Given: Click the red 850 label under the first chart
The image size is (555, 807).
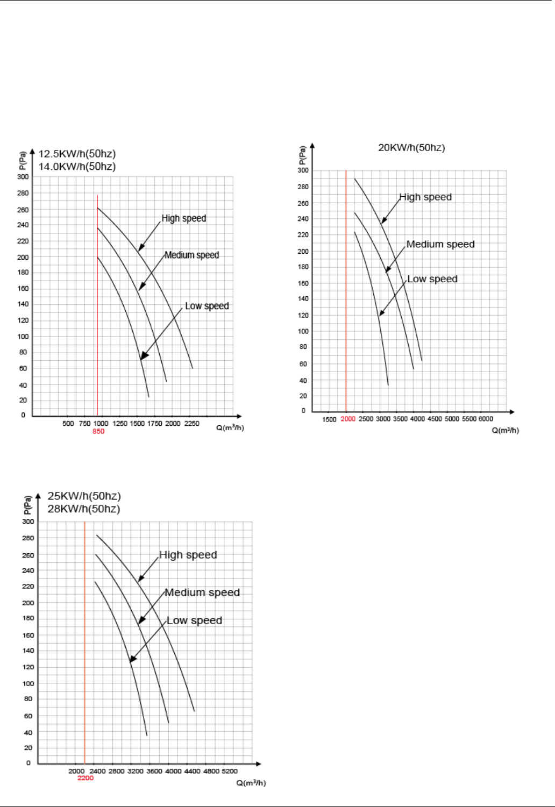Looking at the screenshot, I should (x=98, y=432).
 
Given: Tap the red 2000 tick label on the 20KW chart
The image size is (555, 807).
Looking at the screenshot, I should (x=348, y=419).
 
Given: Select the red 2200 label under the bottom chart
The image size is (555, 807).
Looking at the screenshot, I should (x=86, y=778).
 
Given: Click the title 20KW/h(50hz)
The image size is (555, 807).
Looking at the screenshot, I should (x=411, y=148).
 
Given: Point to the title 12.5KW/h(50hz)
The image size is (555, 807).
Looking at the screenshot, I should (x=77, y=154).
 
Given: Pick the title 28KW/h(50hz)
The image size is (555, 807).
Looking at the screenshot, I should (x=84, y=509).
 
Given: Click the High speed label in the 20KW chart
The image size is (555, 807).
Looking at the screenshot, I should (x=425, y=197).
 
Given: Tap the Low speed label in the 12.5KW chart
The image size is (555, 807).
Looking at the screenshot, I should (x=207, y=306).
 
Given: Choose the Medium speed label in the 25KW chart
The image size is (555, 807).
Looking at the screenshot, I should (x=202, y=593).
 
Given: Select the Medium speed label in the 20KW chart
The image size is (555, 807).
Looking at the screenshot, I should (x=440, y=245).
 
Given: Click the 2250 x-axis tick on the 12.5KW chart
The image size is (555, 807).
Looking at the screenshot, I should (x=191, y=424).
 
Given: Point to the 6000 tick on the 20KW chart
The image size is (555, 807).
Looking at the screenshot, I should (x=486, y=419).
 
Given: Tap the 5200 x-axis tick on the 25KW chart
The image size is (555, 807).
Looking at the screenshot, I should (x=229, y=772).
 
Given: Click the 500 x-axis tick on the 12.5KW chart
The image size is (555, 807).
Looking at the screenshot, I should (x=68, y=424).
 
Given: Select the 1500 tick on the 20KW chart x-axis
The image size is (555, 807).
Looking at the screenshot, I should (x=329, y=420).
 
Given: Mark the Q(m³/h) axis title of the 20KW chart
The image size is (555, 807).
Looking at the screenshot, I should (x=505, y=431).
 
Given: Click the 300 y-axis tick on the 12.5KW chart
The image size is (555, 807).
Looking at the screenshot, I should (x=23, y=177).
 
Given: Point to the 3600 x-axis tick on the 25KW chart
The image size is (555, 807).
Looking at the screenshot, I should (x=154, y=772).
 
